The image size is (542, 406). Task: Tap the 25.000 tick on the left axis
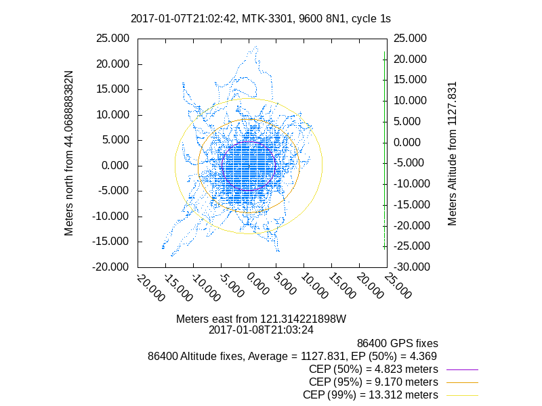(112, 39)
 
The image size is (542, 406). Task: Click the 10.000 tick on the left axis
(112, 115)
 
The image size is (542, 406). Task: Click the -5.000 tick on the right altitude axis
(413, 163)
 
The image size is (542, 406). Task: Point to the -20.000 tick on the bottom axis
(148, 286)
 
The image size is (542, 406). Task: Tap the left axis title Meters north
(69, 152)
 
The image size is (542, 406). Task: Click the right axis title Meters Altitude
(453, 152)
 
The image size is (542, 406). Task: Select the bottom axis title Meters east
(261, 319)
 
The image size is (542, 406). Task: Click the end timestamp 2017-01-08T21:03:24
(261, 330)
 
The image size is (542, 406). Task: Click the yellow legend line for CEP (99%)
(461, 395)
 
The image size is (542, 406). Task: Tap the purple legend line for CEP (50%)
(461, 369)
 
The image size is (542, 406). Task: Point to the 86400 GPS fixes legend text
(398, 343)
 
